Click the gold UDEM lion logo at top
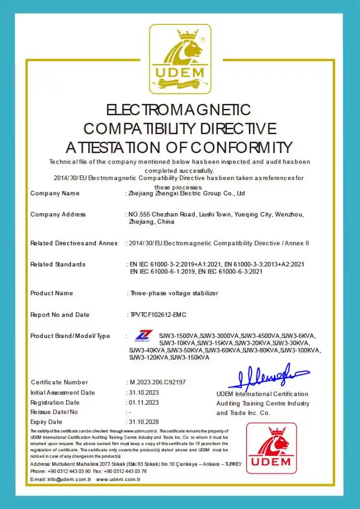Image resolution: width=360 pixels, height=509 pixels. tap(180, 59)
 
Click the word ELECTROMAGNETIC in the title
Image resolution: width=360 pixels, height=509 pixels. tap(179, 110)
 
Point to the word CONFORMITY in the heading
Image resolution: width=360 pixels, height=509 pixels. tap(241, 148)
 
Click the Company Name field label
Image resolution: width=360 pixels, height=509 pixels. tap(55, 193)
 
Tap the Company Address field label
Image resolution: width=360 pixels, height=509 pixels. tap(58, 215)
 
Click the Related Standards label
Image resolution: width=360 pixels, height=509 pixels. tap(58, 264)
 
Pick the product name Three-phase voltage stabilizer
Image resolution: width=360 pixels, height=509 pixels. tap(174, 293)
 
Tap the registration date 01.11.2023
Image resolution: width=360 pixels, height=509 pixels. tap(144, 403)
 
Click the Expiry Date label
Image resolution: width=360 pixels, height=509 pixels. tap(46, 422)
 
